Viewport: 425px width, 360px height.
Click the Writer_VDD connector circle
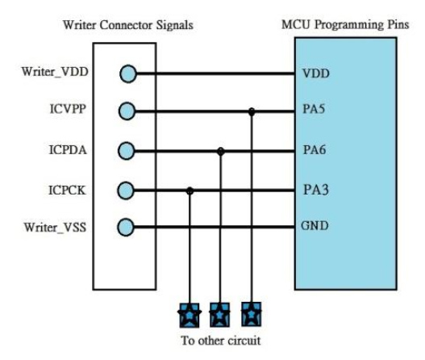coord(128,73)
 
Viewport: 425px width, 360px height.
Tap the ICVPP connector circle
coord(127,111)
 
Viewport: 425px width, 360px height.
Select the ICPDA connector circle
coord(127,151)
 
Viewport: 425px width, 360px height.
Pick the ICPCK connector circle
coord(126,190)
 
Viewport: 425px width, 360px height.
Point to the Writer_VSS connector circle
coord(126,228)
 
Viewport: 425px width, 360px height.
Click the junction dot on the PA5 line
coord(252,111)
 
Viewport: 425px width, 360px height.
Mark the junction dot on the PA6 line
coord(221,152)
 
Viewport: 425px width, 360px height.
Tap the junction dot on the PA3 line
coord(190,190)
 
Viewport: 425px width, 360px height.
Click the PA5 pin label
coord(314,109)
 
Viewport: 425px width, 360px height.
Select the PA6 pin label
coord(315,150)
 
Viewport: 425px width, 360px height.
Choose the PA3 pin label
coord(316,190)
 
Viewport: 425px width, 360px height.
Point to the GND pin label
coord(315,226)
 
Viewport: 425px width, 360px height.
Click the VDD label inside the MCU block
coord(316,73)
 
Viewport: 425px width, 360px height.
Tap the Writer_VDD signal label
coord(55,72)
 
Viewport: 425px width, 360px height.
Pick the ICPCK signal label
coord(67,190)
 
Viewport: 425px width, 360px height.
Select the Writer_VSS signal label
coord(56,228)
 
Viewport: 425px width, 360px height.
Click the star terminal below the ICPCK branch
coord(190,316)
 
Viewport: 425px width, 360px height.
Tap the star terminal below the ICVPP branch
coord(252,314)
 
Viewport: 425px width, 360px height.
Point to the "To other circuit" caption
coord(221,341)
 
